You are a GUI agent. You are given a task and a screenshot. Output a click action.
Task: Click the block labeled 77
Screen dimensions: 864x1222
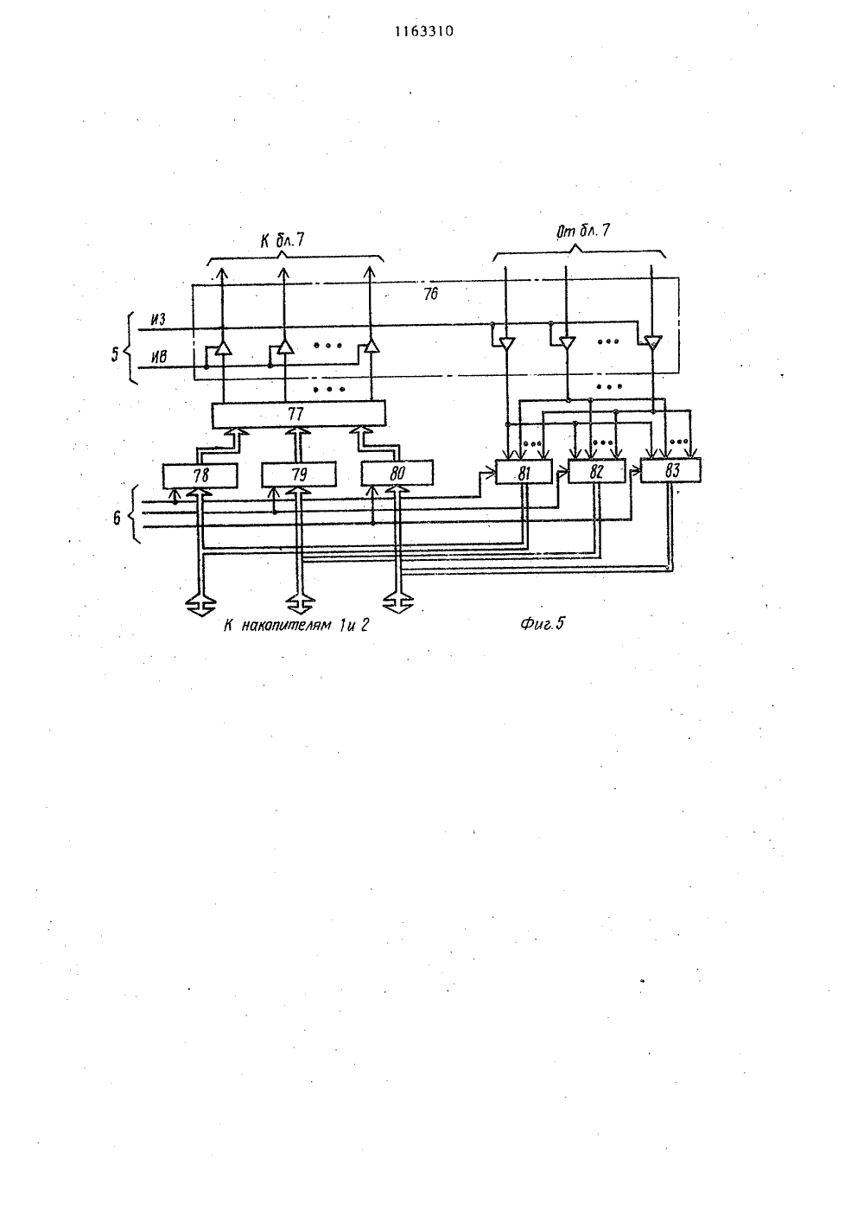[x=298, y=414]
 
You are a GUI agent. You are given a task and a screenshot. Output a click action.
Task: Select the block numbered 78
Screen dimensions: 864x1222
[x=200, y=475]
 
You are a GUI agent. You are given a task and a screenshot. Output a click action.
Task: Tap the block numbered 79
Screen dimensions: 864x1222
[x=298, y=474]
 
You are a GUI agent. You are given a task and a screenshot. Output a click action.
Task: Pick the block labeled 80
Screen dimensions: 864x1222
[x=397, y=473]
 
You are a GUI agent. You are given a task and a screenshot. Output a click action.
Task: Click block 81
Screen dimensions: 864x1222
[x=524, y=472]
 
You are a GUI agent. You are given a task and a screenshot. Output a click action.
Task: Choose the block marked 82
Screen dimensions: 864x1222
[x=596, y=471]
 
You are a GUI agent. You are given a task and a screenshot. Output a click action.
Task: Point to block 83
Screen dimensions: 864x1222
[x=671, y=470]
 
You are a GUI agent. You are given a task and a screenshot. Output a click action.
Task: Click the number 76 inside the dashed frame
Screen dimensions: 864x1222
[x=430, y=295]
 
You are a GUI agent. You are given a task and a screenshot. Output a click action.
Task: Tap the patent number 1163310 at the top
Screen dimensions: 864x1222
[x=424, y=32]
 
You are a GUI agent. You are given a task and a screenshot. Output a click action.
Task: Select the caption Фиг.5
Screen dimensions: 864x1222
[x=543, y=623]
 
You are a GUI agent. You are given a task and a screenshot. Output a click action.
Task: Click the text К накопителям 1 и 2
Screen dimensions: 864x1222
[x=296, y=625]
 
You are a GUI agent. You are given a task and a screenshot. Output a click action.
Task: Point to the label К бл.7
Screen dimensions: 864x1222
[x=282, y=240]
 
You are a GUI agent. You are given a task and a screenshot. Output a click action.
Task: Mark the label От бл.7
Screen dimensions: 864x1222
[x=582, y=232]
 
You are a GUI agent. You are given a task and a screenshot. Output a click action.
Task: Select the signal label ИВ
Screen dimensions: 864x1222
[x=159, y=357]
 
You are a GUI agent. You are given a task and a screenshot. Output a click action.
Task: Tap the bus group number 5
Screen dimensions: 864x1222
[x=115, y=354]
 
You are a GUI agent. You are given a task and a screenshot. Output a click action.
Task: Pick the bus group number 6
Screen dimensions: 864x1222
[x=117, y=517]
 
